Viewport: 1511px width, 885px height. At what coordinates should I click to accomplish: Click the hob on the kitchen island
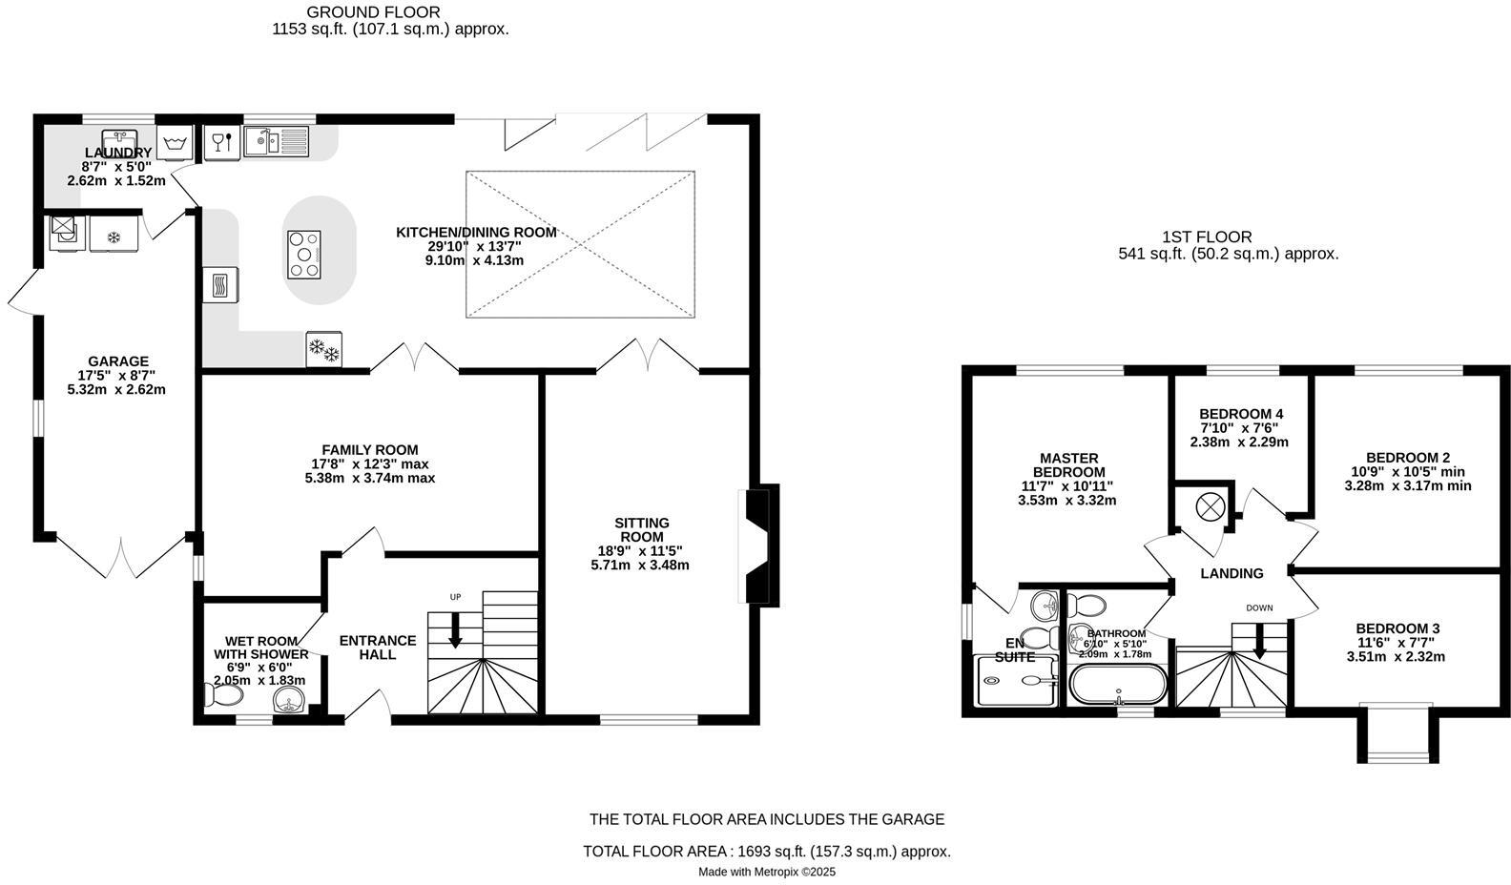pyautogui.click(x=303, y=255)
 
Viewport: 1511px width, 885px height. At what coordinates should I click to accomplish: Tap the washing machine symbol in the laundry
pyautogui.click(x=174, y=144)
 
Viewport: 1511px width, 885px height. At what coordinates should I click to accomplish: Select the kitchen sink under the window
pyautogui.click(x=277, y=142)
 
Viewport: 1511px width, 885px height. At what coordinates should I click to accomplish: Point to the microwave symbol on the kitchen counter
pyautogui.click(x=220, y=285)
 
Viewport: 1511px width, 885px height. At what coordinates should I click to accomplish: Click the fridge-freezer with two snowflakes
pyautogui.click(x=324, y=349)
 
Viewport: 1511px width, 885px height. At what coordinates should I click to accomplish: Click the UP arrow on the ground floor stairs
pyautogui.click(x=455, y=629)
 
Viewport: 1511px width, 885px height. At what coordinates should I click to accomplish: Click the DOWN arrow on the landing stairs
pyautogui.click(x=1259, y=641)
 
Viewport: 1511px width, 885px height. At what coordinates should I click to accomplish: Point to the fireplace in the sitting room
pyautogui.click(x=759, y=545)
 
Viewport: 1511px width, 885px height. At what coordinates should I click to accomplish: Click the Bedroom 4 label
pyautogui.click(x=1240, y=414)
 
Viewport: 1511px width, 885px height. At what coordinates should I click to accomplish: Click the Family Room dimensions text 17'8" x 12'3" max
pyautogui.click(x=369, y=464)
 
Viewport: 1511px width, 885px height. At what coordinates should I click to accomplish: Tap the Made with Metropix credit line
pyautogui.click(x=767, y=872)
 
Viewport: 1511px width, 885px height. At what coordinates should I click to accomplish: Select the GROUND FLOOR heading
pyautogui.click(x=373, y=12)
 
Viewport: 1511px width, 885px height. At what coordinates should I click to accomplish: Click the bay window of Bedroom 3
pyautogui.click(x=1397, y=732)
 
